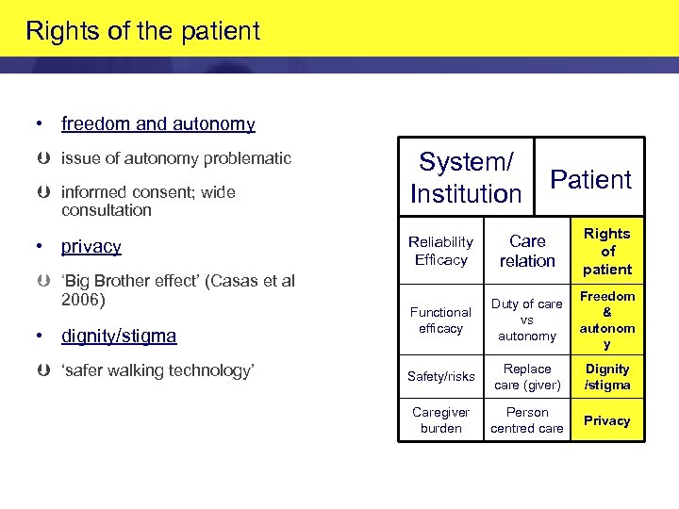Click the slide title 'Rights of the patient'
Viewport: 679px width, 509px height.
142,31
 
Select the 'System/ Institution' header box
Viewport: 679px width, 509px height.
466,178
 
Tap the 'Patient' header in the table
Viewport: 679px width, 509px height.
590,179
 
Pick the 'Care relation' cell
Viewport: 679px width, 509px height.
527,251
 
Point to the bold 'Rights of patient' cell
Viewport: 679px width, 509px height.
607,252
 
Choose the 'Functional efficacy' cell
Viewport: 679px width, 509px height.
440,320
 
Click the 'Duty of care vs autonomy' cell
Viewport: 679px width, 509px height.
527,320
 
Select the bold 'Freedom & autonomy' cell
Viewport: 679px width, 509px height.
607,320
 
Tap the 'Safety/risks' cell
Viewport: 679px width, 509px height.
440,377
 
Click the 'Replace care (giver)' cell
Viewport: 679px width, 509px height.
527,376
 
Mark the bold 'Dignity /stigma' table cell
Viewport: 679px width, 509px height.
607,376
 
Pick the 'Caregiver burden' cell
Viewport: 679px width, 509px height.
440,420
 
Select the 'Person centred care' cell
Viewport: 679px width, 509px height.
527,420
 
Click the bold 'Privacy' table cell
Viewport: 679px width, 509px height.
607,421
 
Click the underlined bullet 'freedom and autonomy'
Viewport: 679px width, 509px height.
157,124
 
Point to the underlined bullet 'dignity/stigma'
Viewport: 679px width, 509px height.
119,336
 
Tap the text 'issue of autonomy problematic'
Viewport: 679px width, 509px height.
176,158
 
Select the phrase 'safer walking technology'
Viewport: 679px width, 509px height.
157,370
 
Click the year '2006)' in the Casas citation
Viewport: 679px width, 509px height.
83,300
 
